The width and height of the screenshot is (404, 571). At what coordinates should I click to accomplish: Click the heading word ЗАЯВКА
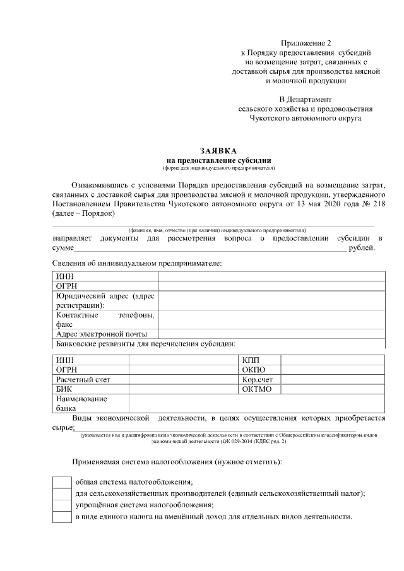tap(218, 151)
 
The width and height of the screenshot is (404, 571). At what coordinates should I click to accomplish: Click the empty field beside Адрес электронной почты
tap(271, 334)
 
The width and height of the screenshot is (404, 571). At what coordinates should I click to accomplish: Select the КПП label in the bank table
tap(250, 359)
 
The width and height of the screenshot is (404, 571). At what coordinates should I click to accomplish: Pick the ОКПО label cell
tap(253, 369)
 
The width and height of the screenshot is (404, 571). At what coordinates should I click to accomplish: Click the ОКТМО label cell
tap(256, 389)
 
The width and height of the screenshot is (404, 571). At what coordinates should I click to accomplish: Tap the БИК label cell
tap(64, 389)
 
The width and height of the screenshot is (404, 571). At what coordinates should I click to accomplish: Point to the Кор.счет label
tap(257, 379)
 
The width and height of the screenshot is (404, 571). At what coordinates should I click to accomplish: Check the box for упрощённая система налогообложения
tap(61, 505)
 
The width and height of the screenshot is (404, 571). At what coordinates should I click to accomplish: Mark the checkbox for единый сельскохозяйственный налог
tap(61, 494)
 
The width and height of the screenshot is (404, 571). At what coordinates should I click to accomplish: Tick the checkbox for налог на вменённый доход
tap(61, 517)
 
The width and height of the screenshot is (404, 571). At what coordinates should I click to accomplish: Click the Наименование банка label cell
tap(81, 403)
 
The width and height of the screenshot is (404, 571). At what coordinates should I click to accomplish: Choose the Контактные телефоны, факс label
tap(105, 319)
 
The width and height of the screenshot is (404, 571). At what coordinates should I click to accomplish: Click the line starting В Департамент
tap(306, 99)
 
